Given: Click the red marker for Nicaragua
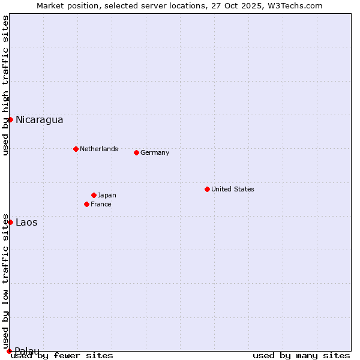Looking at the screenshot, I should (x=10, y=119).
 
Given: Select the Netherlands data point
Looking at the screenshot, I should (x=76, y=149).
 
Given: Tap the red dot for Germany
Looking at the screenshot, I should (x=136, y=152).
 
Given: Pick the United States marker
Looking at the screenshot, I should (x=207, y=189).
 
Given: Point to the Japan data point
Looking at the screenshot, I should (x=94, y=195).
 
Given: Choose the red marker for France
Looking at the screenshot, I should (x=86, y=204).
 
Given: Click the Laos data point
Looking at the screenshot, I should (x=10, y=222).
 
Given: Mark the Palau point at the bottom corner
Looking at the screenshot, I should (x=9, y=351).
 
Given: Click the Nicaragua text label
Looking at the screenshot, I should (x=39, y=120).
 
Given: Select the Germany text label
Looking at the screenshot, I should (x=155, y=153).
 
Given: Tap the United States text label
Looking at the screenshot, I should (x=232, y=190).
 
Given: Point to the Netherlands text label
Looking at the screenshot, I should (x=98, y=149).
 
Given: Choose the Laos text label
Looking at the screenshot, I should (x=26, y=223).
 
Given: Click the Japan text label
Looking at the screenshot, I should (x=107, y=196).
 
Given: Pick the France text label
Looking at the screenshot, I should (x=101, y=205).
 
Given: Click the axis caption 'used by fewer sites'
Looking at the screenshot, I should (x=62, y=356).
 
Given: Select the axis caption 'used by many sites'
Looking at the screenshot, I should (x=301, y=356).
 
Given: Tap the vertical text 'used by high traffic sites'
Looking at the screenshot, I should (x=5, y=85).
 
